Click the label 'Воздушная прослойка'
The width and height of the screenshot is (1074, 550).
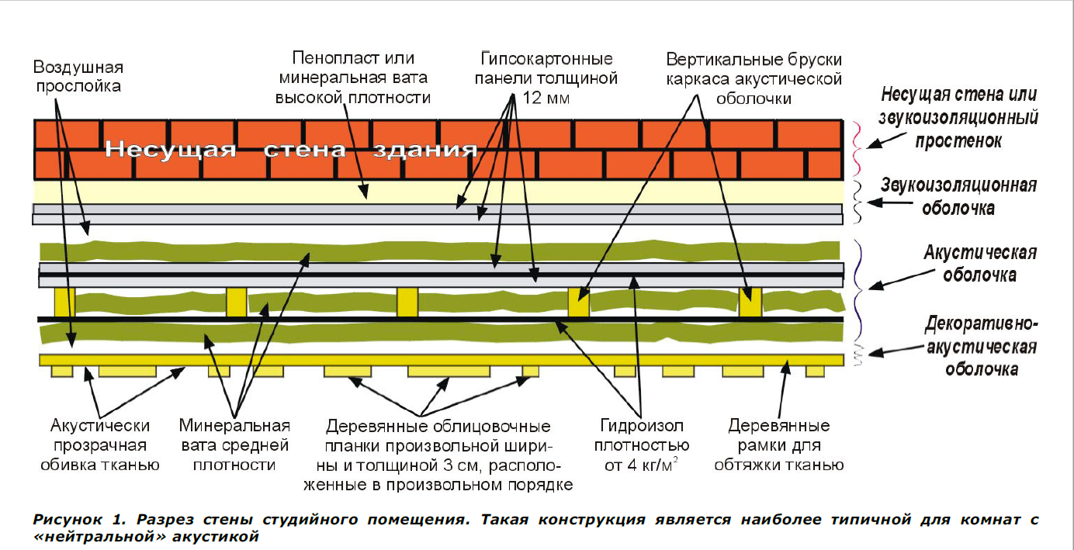(78, 76)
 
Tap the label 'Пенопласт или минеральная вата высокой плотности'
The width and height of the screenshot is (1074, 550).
(354, 78)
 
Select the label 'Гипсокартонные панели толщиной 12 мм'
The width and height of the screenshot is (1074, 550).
(548, 78)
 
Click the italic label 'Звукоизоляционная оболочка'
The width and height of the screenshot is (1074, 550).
(959, 196)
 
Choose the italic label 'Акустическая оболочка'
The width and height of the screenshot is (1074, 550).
(969, 264)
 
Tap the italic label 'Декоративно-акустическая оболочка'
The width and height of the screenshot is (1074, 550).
(981, 346)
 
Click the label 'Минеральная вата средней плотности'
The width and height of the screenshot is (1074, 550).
(234, 445)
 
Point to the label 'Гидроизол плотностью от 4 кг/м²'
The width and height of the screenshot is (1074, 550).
(641, 445)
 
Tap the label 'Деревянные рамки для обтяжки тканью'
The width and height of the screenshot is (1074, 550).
(778, 445)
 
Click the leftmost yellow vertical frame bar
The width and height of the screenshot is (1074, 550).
(64, 301)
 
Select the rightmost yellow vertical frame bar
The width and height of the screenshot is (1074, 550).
(750, 301)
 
